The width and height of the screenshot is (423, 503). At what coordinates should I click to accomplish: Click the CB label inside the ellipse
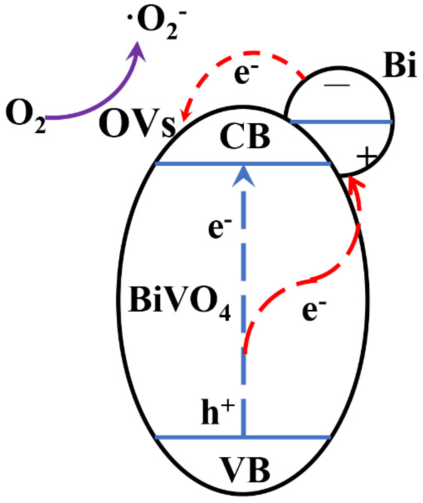(x=245, y=137)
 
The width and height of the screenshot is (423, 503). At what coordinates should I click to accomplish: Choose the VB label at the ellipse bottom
(x=246, y=470)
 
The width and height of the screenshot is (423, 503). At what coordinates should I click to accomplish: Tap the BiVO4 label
(x=179, y=303)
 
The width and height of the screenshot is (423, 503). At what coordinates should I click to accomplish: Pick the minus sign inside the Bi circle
(x=337, y=85)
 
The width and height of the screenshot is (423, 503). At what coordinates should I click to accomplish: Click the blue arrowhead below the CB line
(x=244, y=177)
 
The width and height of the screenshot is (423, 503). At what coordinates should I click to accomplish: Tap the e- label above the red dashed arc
(x=246, y=74)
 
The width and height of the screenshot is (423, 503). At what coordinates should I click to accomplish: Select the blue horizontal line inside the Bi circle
(x=340, y=122)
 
